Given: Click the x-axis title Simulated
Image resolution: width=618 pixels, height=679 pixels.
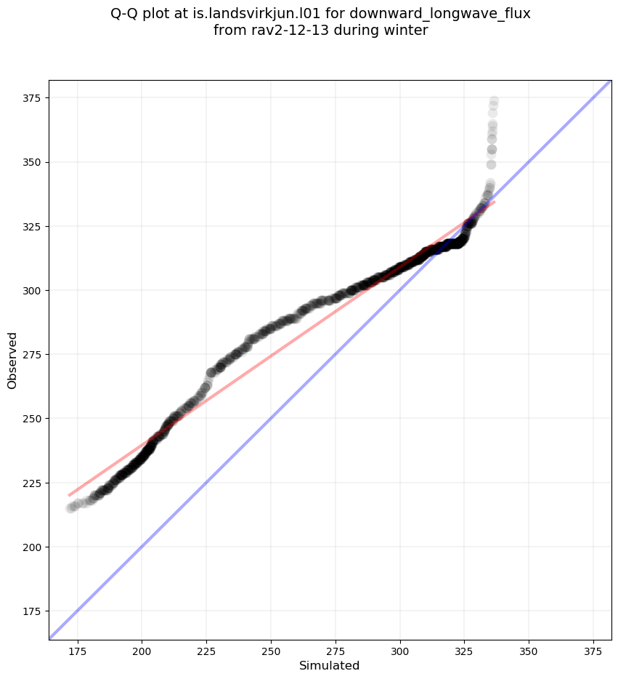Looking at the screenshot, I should click(x=330, y=665).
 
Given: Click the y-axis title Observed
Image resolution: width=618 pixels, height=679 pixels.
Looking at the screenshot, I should click(x=12, y=361).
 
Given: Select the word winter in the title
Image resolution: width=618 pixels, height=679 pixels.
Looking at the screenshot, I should click(x=409, y=31).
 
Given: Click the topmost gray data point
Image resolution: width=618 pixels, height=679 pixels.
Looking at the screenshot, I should click(x=494, y=101).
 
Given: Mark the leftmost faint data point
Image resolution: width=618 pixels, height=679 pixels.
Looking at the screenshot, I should click(x=70, y=507).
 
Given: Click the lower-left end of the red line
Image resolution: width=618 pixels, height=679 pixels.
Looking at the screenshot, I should click(x=69, y=495).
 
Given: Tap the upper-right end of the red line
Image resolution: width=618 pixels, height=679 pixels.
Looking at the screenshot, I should click(x=495, y=202).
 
